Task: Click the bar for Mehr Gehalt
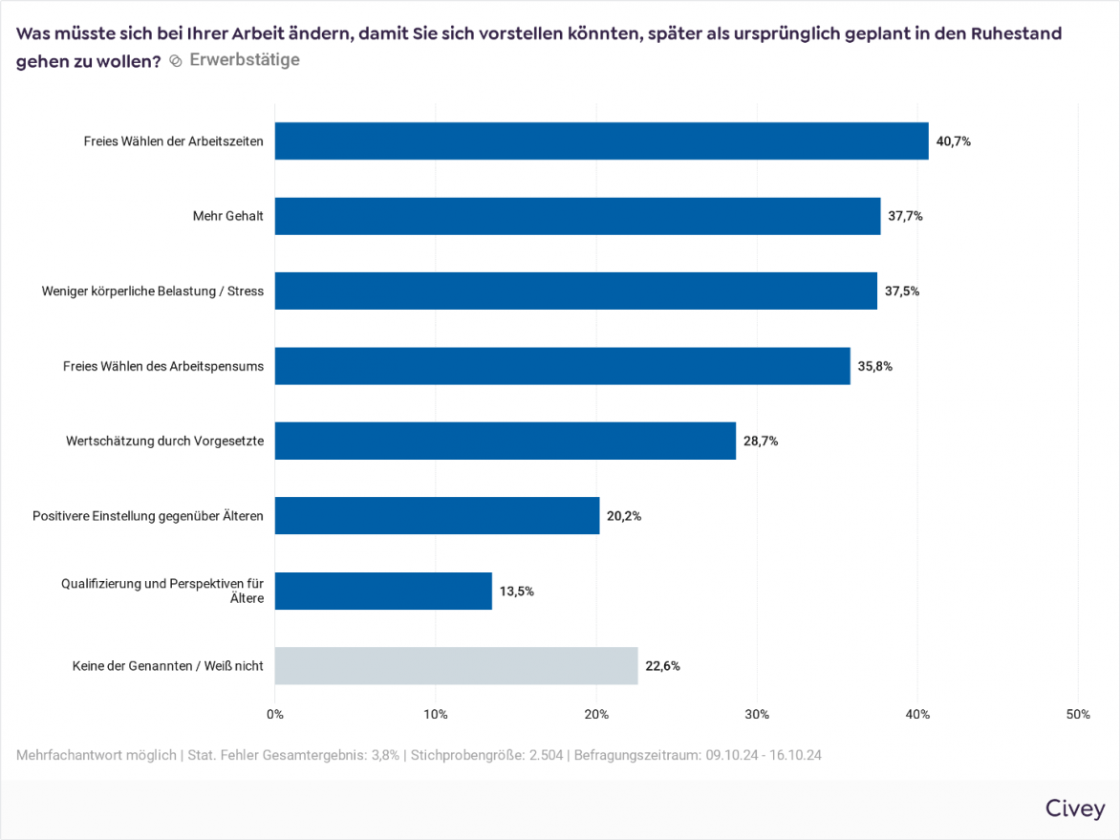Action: (x=577, y=216)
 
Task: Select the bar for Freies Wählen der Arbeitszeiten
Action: (x=601, y=140)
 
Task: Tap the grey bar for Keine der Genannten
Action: (x=456, y=666)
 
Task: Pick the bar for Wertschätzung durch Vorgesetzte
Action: (x=506, y=441)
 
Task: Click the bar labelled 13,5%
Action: (x=383, y=591)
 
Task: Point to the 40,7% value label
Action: (x=954, y=141)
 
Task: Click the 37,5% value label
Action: (x=902, y=291)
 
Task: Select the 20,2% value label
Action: (x=624, y=516)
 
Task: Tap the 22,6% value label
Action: (x=662, y=666)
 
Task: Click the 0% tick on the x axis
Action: (x=275, y=715)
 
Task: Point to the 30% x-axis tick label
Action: (x=757, y=715)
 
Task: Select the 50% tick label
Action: (x=1078, y=715)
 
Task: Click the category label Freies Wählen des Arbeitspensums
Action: (x=163, y=366)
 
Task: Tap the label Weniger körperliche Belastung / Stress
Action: (x=153, y=291)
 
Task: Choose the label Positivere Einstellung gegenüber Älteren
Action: (x=148, y=516)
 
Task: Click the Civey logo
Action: (x=1075, y=808)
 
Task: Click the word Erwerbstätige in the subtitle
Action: (x=245, y=59)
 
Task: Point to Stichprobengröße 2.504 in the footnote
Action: (x=487, y=755)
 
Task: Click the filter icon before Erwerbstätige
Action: (x=176, y=60)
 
